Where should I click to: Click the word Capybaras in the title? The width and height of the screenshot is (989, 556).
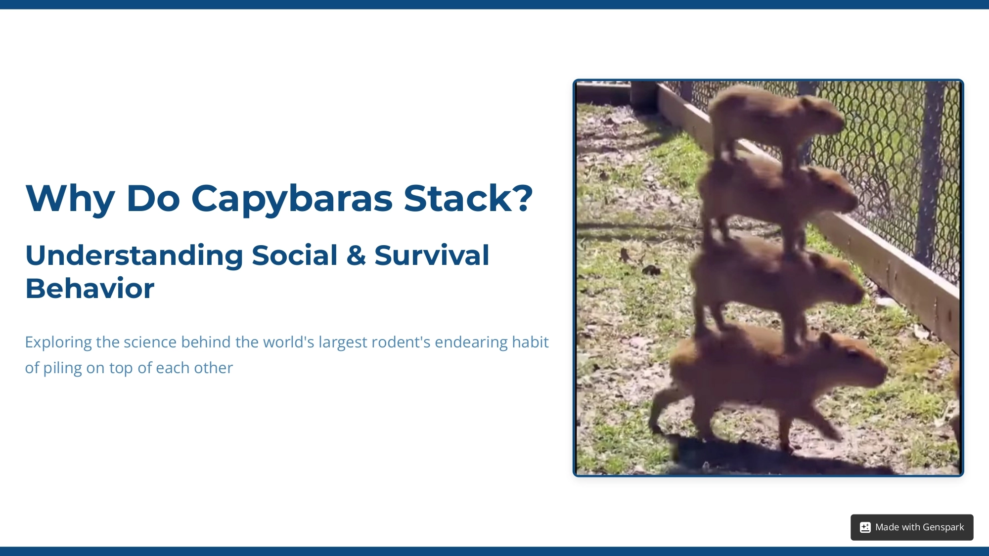(292, 199)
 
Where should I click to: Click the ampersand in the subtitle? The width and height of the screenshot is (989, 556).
(356, 256)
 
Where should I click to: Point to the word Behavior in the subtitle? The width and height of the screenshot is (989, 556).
(90, 288)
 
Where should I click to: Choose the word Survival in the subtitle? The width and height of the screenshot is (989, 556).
(432, 256)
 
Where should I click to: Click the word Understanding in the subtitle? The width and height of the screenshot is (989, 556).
(134, 256)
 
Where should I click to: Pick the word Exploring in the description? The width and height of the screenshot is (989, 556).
(58, 342)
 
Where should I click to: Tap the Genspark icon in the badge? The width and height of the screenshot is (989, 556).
(865, 527)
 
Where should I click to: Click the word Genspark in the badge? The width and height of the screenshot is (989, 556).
(943, 527)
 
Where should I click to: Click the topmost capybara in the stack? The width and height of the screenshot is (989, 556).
(771, 119)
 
